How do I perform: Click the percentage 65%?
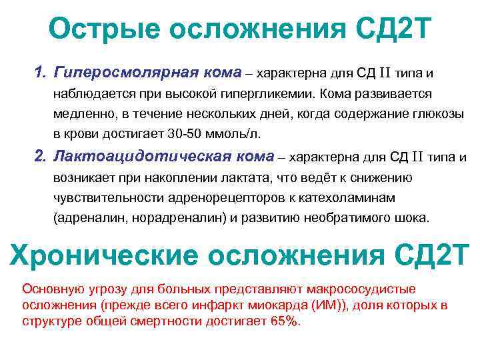click(x=285, y=321)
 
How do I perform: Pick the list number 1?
click(x=39, y=71)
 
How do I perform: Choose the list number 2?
click(x=39, y=157)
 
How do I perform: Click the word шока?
click(x=415, y=218)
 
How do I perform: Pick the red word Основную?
click(x=53, y=289)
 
